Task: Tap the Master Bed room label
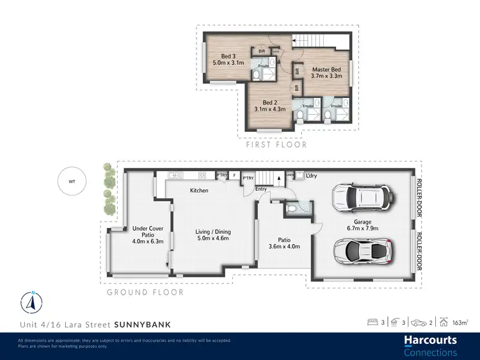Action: [326, 72]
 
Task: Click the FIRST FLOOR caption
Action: [276, 145]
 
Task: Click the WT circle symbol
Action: [71, 181]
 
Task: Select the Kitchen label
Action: [199, 190]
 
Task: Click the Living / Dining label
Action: [212, 236]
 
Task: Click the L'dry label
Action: [312, 176]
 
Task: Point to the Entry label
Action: [261, 189]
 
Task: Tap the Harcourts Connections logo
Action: [430, 345]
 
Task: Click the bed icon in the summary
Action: [372, 323]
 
